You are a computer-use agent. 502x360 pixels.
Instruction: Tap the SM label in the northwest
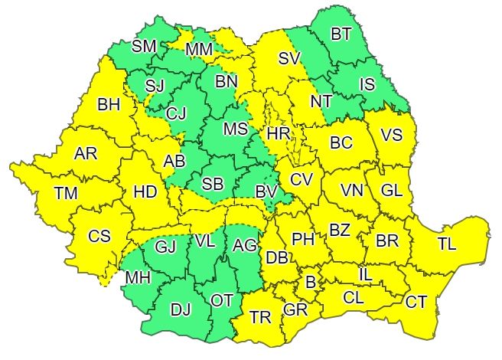[143, 46]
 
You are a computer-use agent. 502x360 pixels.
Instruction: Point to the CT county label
[416, 303]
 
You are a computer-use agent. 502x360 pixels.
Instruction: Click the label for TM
[66, 194]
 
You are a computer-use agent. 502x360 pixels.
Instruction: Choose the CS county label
[99, 237]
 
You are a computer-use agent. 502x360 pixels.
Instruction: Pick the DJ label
[181, 309]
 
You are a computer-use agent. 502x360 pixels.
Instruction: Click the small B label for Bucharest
[310, 282]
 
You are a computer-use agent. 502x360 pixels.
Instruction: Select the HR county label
[278, 135]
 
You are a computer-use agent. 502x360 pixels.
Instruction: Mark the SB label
[214, 185]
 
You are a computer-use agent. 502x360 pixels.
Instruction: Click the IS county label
[367, 84]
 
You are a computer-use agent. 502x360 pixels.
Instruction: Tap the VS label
[391, 136]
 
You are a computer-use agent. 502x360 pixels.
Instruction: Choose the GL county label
[390, 189]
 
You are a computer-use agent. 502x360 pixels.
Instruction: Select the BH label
[109, 105]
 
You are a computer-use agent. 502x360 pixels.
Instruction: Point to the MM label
[200, 51]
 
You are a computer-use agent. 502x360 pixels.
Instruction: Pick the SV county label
[289, 57]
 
